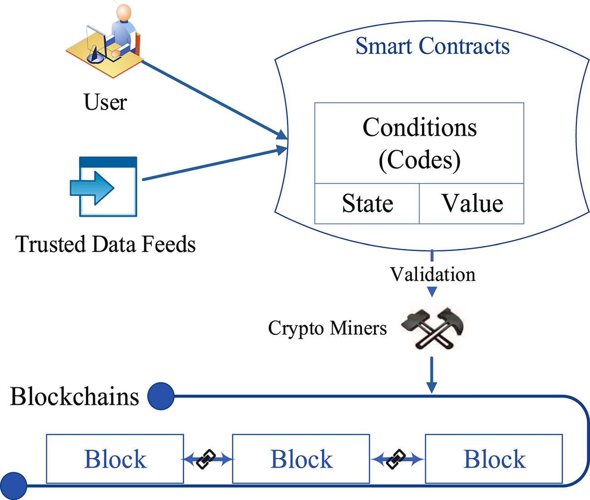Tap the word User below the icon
(x=105, y=102)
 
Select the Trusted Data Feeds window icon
(x=104, y=187)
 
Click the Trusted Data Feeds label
(x=105, y=244)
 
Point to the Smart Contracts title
(x=432, y=46)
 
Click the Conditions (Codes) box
(x=419, y=144)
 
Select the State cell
(x=367, y=203)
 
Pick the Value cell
(x=472, y=203)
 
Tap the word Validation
(x=433, y=274)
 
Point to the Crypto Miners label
(x=327, y=328)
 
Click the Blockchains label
(x=74, y=396)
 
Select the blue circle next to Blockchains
(x=161, y=396)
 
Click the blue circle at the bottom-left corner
(x=14, y=486)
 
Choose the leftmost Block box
(x=115, y=459)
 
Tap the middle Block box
(x=301, y=459)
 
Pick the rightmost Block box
(x=494, y=459)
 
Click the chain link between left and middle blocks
(x=207, y=460)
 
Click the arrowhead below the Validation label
(x=432, y=292)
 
